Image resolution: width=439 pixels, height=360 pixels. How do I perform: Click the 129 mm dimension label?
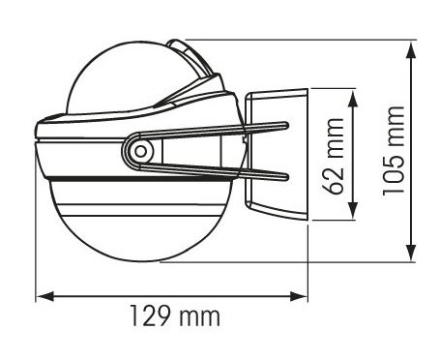pyautogui.click(x=175, y=315)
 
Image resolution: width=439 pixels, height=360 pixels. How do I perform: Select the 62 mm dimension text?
pyautogui.click(x=334, y=156)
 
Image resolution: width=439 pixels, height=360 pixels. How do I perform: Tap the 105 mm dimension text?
pyautogui.click(x=394, y=151)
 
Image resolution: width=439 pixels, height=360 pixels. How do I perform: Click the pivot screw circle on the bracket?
pyautogui.click(x=140, y=151)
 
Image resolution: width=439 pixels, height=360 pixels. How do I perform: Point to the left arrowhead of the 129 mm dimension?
pyautogui.click(x=44, y=296)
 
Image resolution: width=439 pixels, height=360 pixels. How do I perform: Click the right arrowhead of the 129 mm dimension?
pyautogui.click(x=299, y=296)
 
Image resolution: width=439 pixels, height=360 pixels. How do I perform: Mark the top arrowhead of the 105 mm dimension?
pyautogui.click(x=411, y=50)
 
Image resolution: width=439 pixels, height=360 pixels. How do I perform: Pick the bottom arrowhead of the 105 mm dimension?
pyautogui.click(x=411, y=253)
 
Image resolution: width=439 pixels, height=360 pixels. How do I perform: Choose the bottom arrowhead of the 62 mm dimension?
pyautogui.click(x=353, y=211)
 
